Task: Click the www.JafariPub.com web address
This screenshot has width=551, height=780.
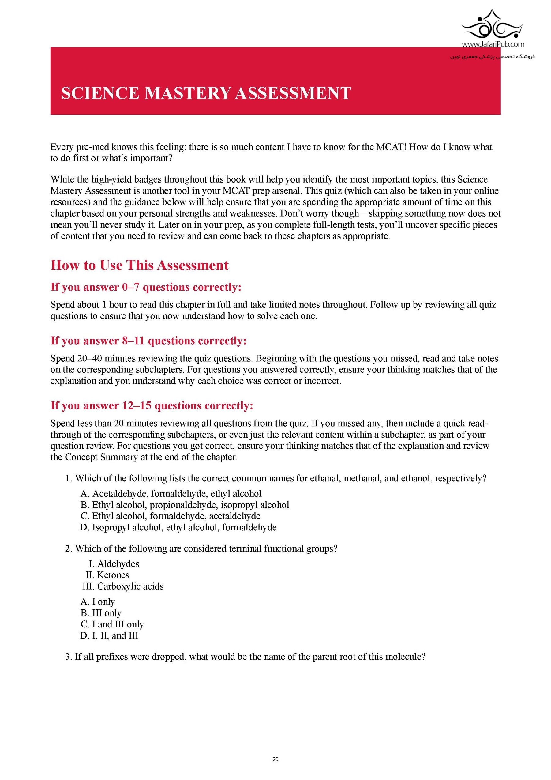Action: click(493, 44)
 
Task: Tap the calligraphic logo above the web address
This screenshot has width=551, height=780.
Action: click(492, 25)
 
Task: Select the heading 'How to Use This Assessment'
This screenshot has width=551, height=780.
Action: click(140, 265)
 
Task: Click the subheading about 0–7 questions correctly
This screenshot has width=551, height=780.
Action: click(146, 287)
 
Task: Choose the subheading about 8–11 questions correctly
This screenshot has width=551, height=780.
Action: click(148, 341)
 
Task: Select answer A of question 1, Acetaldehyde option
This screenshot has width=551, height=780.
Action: click(171, 494)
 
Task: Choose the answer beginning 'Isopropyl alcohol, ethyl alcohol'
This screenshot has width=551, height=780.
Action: click(178, 527)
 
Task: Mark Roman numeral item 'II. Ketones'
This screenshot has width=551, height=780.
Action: click(108, 575)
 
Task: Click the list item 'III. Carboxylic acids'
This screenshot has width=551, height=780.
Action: click(123, 586)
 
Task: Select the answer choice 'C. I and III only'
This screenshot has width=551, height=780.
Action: click(112, 624)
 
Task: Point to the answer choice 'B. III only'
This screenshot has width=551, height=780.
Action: click(101, 613)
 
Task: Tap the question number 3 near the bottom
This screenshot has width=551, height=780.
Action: click(68, 656)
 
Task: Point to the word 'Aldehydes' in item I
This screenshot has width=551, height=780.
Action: click(118, 564)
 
